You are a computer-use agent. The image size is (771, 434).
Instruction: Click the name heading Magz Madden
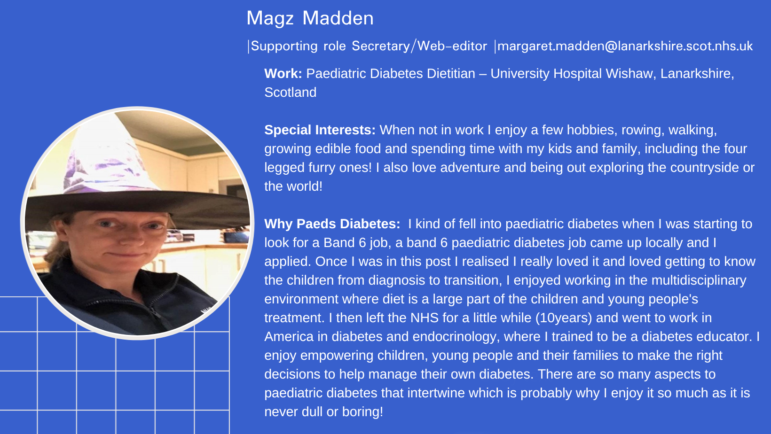(x=310, y=19)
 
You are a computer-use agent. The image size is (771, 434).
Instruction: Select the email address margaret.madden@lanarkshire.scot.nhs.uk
(x=625, y=46)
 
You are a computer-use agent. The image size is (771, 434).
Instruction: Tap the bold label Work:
(x=283, y=74)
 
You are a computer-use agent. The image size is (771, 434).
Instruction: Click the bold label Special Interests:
(x=320, y=130)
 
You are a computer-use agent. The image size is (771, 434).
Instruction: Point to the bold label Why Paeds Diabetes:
(x=332, y=224)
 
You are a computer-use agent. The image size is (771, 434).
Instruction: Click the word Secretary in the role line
(x=381, y=46)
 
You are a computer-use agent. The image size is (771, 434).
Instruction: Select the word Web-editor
(x=452, y=46)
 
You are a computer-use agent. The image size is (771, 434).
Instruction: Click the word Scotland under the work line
(x=290, y=93)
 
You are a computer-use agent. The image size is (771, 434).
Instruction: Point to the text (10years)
(x=564, y=318)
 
